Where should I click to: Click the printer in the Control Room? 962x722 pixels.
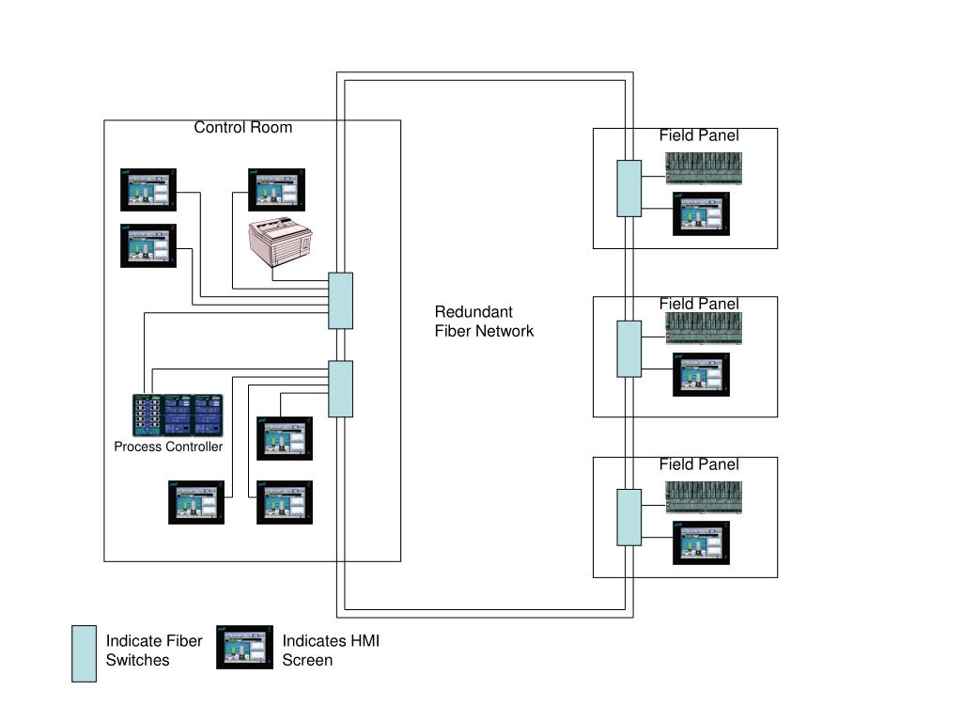(x=281, y=243)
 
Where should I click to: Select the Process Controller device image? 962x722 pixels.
(x=178, y=415)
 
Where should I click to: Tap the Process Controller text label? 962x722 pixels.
(x=168, y=447)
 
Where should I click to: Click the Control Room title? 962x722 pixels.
(x=242, y=127)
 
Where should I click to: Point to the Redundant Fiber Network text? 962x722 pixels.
(x=484, y=322)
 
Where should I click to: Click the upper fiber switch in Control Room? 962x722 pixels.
(x=340, y=301)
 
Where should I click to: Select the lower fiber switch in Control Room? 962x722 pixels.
(x=340, y=388)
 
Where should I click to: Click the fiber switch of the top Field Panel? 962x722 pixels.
(x=628, y=188)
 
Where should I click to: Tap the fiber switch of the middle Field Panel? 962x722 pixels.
(x=628, y=349)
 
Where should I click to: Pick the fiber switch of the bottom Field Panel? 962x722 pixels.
(x=628, y=517)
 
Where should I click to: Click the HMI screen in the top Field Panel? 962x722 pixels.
(x=701, y=213)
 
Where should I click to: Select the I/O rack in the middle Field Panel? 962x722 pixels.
(x=704, y=329)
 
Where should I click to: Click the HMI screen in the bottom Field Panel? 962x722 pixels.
(x=701, y=542)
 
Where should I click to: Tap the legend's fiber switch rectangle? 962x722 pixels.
(x=84, y=653)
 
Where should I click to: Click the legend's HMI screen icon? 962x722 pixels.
(x=244, y=648)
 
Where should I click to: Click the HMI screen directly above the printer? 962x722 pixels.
(x=276, y=190)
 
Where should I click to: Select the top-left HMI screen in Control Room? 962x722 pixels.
(x=148, y=189)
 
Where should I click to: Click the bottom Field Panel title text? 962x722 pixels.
(x=698, y=464)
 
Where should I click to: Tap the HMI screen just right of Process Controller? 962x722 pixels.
(x=285, y=438)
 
